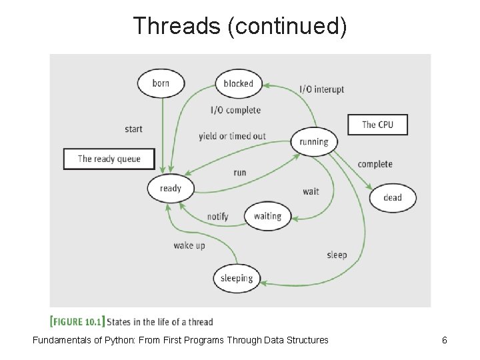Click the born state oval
161,83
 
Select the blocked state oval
238,84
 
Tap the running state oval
314,141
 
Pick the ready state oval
170,188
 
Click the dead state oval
393,197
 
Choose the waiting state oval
267,216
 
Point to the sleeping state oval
236,278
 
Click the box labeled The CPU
377,125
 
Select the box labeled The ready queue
109,159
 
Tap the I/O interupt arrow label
321,89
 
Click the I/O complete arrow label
235,110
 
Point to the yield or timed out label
232,136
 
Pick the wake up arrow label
189,245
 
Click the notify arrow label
217,217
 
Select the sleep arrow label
337,255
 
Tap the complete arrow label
375,164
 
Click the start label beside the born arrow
133,129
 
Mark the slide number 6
444,340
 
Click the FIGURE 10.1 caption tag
77,322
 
